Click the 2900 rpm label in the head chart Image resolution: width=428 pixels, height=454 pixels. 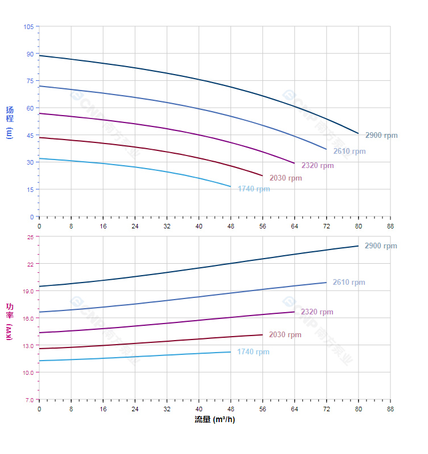point(381,136)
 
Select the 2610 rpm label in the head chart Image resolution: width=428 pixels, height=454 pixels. point(349,152)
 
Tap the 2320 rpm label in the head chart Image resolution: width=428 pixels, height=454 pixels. point(318,166)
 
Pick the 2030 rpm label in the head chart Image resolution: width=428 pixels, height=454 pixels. point(286,178)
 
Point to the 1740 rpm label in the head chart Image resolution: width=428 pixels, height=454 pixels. point(254,189)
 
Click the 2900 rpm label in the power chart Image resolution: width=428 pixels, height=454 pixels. point(381,246)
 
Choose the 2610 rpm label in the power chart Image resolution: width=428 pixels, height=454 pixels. point(349,283)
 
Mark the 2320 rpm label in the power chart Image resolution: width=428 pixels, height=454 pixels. point(317,312)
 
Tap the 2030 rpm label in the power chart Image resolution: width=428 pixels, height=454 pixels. point(285,335)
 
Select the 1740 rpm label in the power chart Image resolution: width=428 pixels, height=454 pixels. point(253,352)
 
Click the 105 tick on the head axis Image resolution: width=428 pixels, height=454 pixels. point(28,27)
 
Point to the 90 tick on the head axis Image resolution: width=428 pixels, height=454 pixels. point(30,54)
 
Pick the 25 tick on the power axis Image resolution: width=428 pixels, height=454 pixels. point(30,237)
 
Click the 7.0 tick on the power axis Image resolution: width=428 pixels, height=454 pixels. point(28,400)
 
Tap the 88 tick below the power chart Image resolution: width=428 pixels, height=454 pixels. point(390,409)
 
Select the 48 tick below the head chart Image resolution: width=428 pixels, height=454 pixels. point(231,226)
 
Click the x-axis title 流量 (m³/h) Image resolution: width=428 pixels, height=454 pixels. point(214,420)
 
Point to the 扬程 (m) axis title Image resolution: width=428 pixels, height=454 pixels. point(9,122)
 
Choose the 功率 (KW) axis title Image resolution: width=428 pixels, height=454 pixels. point(9,321)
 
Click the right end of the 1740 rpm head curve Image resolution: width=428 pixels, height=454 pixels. point(231,186)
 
